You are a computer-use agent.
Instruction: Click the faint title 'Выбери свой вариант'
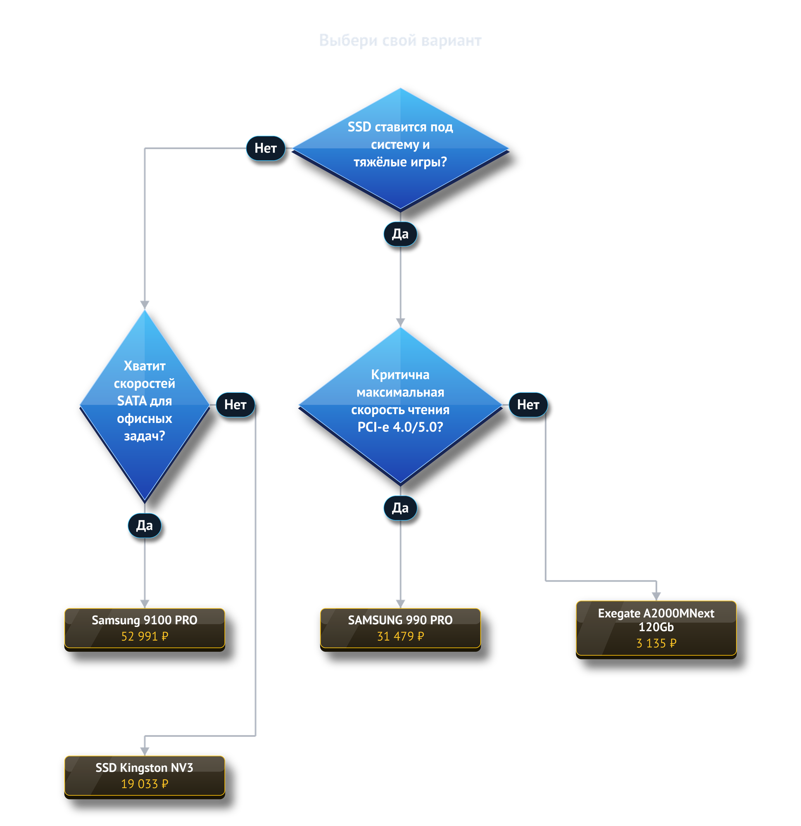[400, 40]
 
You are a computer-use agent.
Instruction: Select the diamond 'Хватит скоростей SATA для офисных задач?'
[145, 406]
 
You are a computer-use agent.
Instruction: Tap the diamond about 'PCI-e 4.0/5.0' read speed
[400, 406]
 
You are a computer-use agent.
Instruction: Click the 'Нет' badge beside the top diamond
[266, 148]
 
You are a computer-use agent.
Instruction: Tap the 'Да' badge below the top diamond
[400, 234]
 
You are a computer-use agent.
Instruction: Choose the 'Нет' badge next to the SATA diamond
[235, 405]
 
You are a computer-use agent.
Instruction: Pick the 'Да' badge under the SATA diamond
[145, 525]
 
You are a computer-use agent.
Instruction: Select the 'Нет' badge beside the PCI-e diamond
[528, 405]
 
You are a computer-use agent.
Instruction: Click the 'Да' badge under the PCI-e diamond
[400, 508]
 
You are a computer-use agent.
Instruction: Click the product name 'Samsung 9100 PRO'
[145, 620]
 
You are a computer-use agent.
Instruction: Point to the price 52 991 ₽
[145, 636]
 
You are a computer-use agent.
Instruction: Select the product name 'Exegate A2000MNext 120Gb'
[656, 620]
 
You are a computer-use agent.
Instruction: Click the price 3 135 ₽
[656, 643]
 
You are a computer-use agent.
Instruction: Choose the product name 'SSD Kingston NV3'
[145, 767]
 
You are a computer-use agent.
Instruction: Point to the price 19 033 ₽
[145, 784]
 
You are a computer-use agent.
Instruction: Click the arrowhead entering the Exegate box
[656, 596]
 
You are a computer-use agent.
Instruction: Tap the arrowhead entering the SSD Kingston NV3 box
[145, 751]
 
